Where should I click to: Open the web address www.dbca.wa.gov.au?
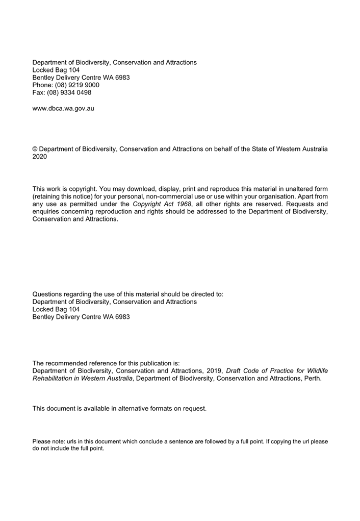point(63,108)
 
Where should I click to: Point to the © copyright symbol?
point(35,149)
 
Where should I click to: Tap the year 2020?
point(40,157)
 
